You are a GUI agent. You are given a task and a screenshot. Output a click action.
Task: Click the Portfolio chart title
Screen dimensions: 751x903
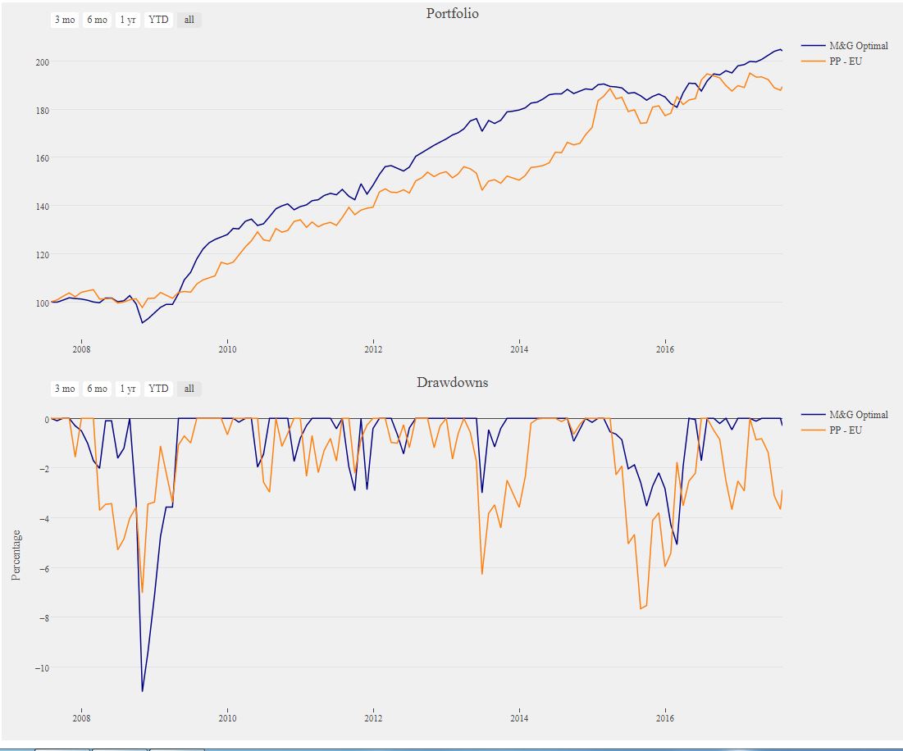(x=452, y=13)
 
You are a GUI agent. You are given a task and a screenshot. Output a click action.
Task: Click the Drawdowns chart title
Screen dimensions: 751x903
(x=452, y=382)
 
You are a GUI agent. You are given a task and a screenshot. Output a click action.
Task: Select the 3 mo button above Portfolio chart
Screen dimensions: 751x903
(x=64, y=20)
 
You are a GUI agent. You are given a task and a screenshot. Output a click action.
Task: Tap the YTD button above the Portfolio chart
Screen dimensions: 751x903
(x=158, y=20)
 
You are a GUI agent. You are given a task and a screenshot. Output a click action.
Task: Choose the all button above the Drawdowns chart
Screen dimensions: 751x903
(x=189, y=389)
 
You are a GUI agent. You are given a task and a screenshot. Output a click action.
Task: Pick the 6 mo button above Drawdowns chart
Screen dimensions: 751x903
(x=97, y=389)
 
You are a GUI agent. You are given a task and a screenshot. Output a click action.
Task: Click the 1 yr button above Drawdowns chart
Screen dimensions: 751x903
(x=127, y=389)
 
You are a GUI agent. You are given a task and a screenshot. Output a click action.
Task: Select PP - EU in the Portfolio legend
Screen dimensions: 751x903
(x=846, y=61)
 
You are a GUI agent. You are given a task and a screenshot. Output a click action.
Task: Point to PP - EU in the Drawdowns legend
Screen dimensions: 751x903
(x=846, y=430)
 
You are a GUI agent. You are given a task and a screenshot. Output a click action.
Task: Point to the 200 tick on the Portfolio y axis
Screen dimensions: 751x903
(x=43, y=61)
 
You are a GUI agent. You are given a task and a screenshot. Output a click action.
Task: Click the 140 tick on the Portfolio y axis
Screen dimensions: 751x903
(x=43, y=206)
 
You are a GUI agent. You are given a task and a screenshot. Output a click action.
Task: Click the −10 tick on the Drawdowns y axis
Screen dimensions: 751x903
(x=39, y=667)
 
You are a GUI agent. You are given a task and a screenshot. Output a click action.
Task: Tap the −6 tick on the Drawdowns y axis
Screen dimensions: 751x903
(x=41, y=568)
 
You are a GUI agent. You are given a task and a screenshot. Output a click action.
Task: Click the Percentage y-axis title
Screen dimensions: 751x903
(x=16, y=554)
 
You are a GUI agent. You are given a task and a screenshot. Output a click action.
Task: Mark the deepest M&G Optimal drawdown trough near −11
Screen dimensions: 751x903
(x=142, y=691)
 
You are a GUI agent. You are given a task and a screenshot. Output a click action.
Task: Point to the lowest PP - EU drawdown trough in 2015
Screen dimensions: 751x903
(x=641, y=608)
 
